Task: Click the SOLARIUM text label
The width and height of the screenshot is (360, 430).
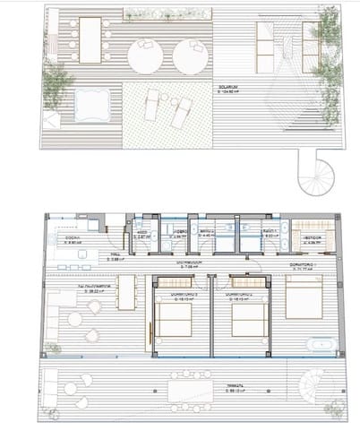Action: click(236, 90)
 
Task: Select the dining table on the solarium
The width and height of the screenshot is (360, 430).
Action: click(90, 40)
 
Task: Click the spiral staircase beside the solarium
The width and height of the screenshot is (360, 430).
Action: click(320, 176)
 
